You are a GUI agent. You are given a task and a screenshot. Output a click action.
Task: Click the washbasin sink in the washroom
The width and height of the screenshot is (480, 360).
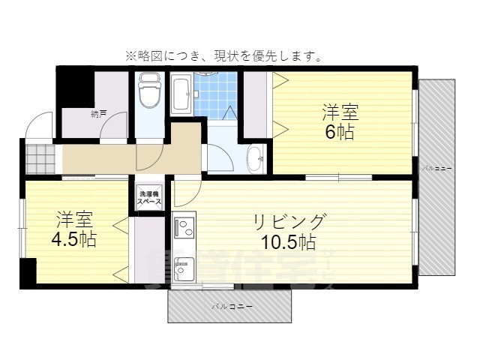point(255,156)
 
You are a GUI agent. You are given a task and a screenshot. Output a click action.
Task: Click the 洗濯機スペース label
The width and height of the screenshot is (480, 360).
point(147,199)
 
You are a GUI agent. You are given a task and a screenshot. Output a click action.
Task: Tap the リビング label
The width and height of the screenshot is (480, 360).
point(289,221)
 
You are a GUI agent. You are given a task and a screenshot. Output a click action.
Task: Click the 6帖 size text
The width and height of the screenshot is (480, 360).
point(340,133)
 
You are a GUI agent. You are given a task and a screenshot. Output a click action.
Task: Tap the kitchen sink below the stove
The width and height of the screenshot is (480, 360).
point(184,266)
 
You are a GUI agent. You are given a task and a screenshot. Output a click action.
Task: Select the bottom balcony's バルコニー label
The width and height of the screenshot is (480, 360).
point(230,307)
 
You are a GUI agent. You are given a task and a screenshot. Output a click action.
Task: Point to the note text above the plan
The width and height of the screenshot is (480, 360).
point(224,55)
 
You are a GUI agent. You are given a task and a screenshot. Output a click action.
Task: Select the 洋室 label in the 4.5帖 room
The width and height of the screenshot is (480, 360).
point(73,220)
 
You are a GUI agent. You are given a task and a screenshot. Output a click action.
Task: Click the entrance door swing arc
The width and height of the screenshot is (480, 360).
point(39,124)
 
